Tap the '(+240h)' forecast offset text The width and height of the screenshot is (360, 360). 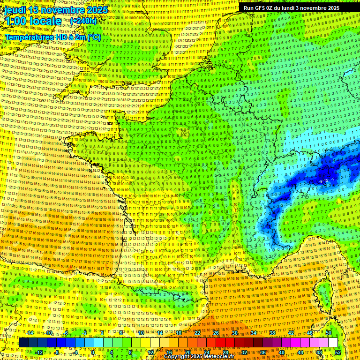[83, 21]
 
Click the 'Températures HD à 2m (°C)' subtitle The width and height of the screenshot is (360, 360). [52, 37]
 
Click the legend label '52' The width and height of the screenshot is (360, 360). [338, 352]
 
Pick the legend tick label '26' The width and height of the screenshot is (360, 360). [216, 333]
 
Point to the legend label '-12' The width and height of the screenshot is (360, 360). [38, 352]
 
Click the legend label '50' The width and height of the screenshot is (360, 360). [329, 333]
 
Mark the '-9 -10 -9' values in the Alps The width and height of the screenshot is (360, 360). [327, 180]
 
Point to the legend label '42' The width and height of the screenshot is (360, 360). [291, 333]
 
